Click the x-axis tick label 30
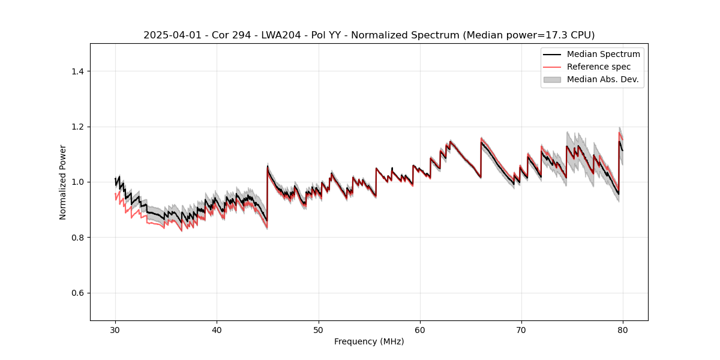click(115, 329)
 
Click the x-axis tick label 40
click(217, 329)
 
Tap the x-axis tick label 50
click(319, 329)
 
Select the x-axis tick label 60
click(420, 329)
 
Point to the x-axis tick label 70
click(521, 329)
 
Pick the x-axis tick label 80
click(623, 329)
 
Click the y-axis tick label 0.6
click(77, 293)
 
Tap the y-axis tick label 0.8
click(77, 238)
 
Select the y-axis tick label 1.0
click(77, 182)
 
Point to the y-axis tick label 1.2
click(77, 127)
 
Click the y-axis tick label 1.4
click(77, 71)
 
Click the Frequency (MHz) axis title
click(369, 341)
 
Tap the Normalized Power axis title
click(63, 182)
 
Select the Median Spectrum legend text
click(603, 54)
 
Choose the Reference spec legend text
click(598, 67)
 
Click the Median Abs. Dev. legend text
click(602, 79)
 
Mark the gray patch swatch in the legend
click(552, 79)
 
